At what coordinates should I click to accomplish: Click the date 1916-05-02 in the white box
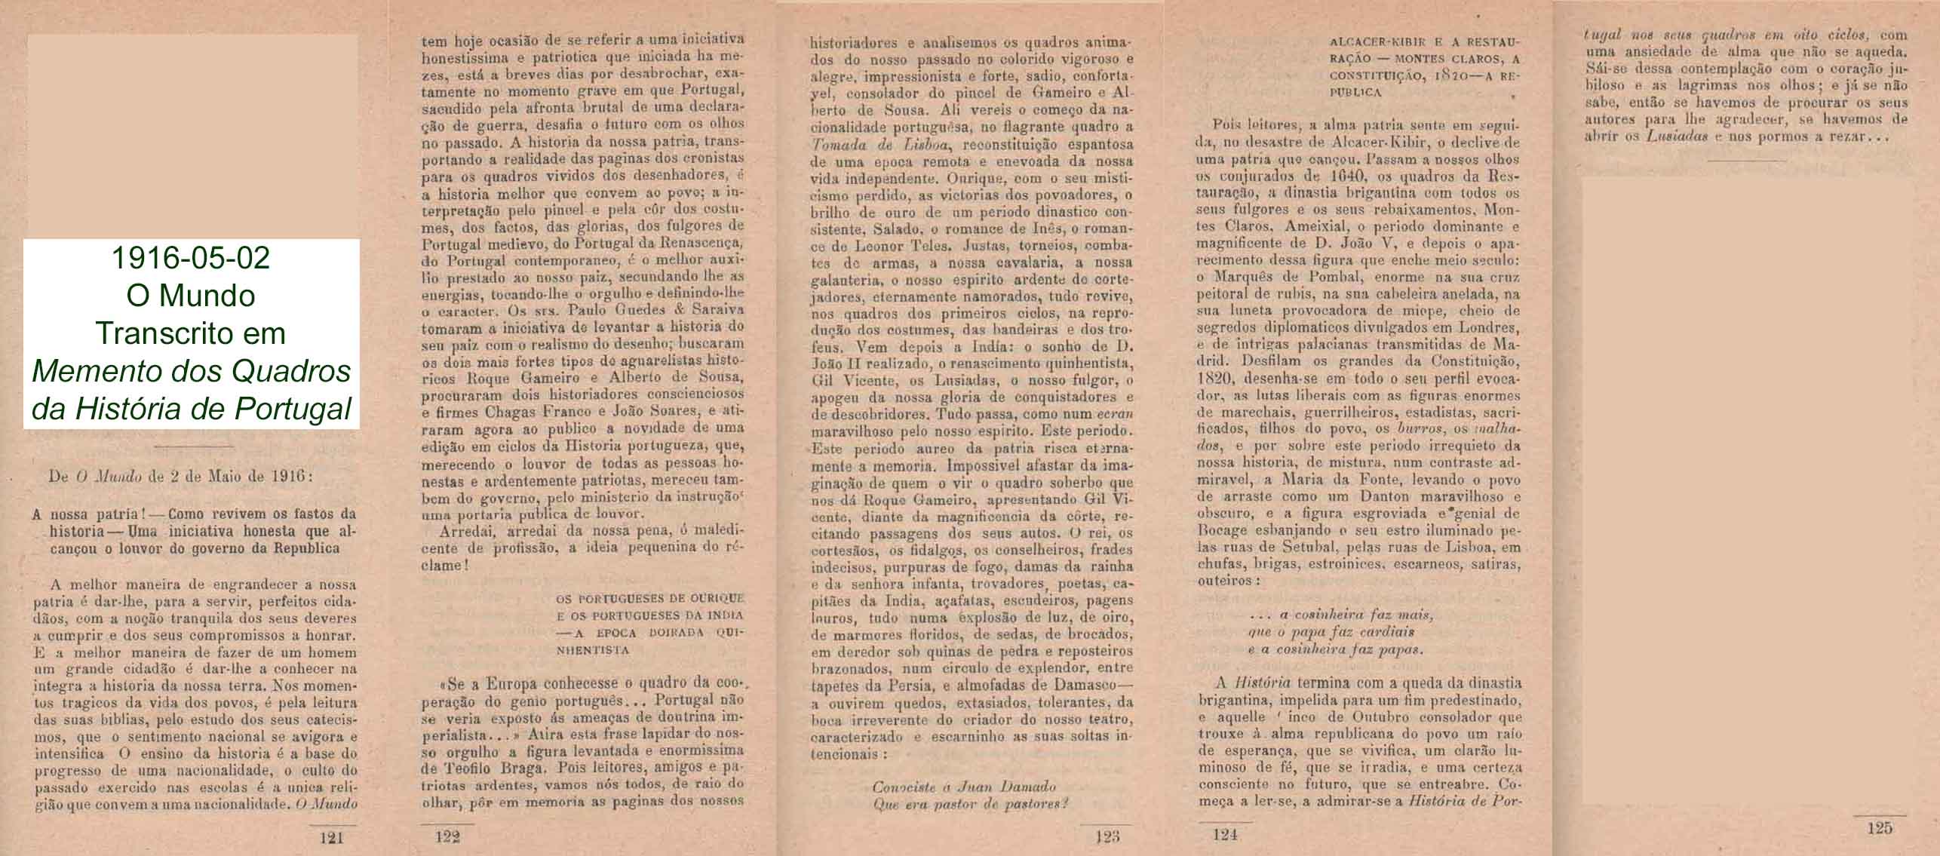click(190, 259)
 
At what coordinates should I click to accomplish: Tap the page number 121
click(332, 836)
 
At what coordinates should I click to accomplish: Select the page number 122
click(448, 836)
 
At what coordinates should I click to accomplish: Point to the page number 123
click(1108, 836)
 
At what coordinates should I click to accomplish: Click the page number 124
click(1226, 834)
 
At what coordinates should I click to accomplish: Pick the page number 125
click(1880, 828)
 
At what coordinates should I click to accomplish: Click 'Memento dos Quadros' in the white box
click(192, 371)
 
